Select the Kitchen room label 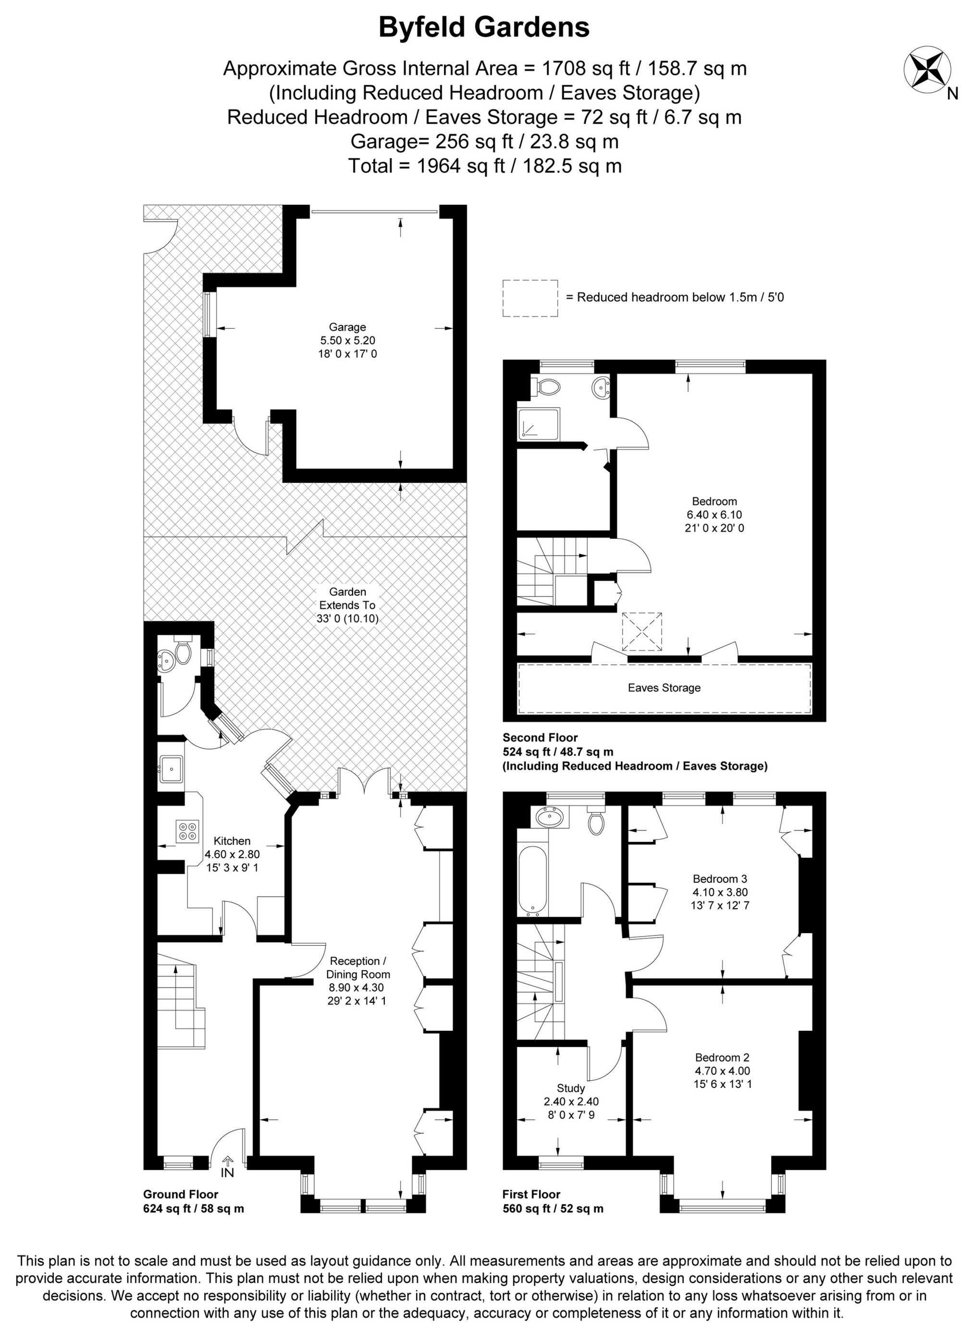pos(232,841)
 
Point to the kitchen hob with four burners pos(188,830)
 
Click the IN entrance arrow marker pos(227,1156)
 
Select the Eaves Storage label pos(664,688)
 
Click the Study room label pos(571,1088)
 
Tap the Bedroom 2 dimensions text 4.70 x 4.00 pos(722,1071)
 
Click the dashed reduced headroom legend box pos(530,298)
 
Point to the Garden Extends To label pos(347,605)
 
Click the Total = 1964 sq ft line pos(484,166)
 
